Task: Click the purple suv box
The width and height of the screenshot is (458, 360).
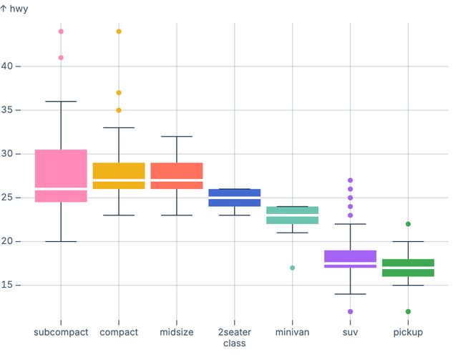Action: (x=351, y=257)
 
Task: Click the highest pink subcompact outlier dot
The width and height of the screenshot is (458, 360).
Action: (x=61, y=31)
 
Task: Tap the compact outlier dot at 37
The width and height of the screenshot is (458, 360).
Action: (x=119, y=93)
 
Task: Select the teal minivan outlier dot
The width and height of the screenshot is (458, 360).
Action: (x=293, y=268)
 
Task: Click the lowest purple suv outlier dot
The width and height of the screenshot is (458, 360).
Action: (x=351, y=311)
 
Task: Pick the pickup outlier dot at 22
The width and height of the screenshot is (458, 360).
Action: (x=409, y=224)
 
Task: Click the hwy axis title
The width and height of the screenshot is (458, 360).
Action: (x=14, y=9)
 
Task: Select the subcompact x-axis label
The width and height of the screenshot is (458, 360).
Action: (x=61, y=333)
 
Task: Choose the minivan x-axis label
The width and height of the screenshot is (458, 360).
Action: (x=293, y=333)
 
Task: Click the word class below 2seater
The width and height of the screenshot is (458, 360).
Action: (x=235, y=344)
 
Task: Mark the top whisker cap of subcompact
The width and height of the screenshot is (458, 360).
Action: (x=61, y=102)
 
